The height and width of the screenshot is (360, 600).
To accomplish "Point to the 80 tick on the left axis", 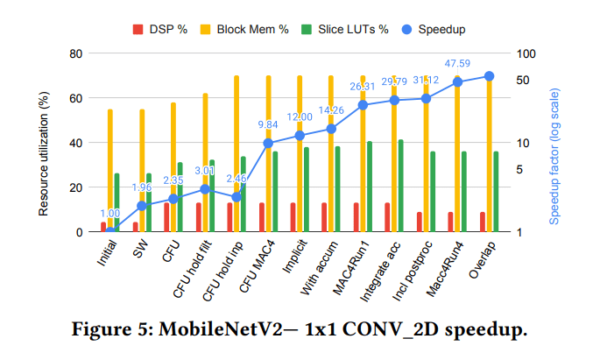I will click(x=76, y=53).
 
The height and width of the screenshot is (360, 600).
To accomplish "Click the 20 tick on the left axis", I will click(x=76, y=187).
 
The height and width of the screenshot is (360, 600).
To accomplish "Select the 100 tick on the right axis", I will click(x=523, y=53).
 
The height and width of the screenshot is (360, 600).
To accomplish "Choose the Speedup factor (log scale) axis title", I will click(x=554, y=143).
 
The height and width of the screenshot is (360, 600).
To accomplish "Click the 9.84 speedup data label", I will click(x=268, y=124).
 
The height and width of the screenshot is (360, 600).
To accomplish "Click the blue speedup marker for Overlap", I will click(x=489, y=76).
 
